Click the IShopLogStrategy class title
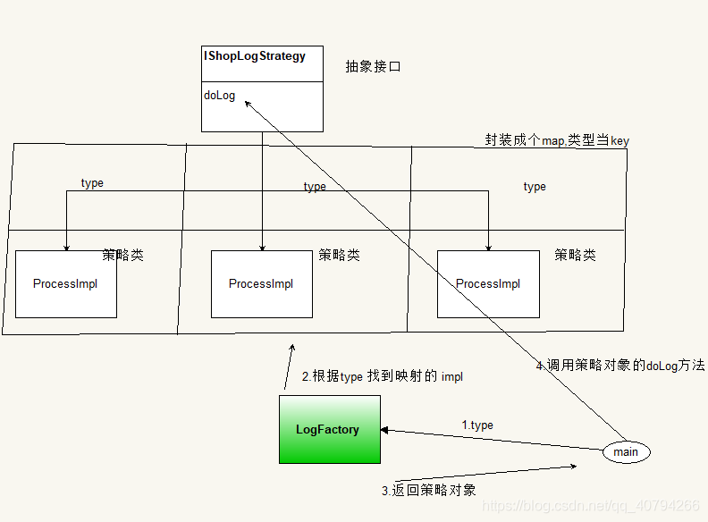[255, 56]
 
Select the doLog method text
[219, 96]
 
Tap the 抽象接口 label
[372, 67]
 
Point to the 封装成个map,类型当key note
[556, 139]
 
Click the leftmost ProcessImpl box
[66, 284]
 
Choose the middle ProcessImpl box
[262, 284]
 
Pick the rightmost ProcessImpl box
[488, 284]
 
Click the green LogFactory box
[328, 430]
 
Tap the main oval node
[626, 452]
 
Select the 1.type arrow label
[477, 425]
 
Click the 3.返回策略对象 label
[428, 490]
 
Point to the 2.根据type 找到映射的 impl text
[382, 377]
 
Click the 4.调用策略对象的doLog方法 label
[619, 366]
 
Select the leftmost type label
[92, 183]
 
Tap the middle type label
[315, 187]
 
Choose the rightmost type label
[535, 187]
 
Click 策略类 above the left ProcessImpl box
[122, 255]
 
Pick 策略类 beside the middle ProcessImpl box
[339, 255]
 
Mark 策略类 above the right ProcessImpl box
[575, 255]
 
